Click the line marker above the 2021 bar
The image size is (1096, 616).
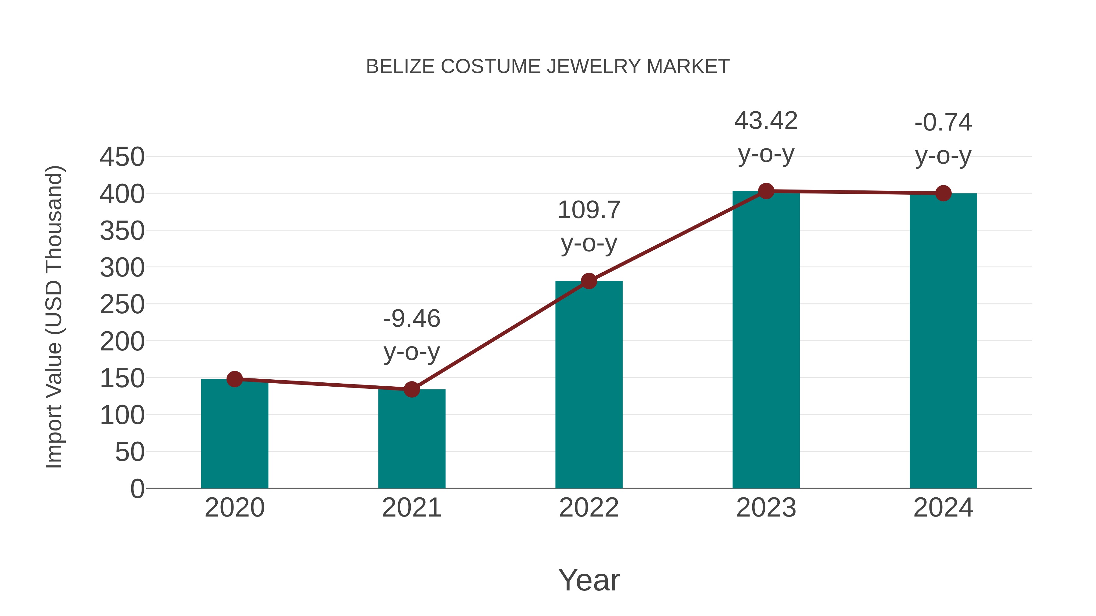411,389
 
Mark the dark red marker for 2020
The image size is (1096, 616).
234,379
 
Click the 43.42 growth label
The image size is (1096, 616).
766,121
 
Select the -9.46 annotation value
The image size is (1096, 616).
411,319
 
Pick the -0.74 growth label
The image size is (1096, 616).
943,122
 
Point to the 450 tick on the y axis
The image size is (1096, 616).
122,157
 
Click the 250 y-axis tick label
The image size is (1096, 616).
122,305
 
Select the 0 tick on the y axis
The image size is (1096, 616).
137,489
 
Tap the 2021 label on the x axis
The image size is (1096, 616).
411,508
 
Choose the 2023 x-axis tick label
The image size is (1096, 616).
766,508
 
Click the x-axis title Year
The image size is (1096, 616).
589,580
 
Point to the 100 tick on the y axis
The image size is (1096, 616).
122,415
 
